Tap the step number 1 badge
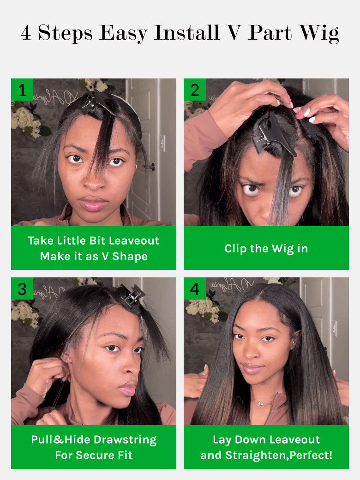pyautogui.click(x=22, y=90)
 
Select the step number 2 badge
pyautogui.click(x=195, y=90)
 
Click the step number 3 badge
pyautogui.click(x=22, y=288)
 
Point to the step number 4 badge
pyautogui.click(x=195, y=288)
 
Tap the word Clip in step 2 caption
pyautogui.click(x=235, y=249)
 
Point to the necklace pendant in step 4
pyautogui.click(x=261, y=403)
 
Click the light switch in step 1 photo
pyautogui.click(x=162, y=143)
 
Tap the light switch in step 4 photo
pyautogui.click(x=335, y=328)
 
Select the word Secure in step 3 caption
pyautogui.click(x=99, y=455)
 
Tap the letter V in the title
pyautogui.click(x=234, y=32)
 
